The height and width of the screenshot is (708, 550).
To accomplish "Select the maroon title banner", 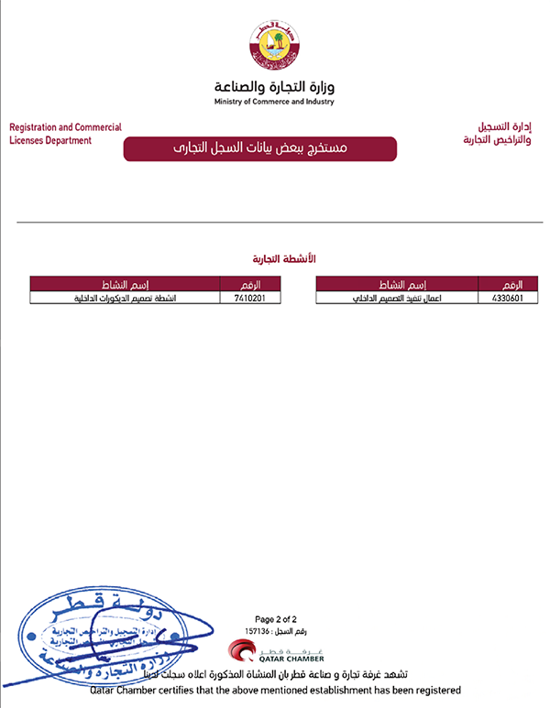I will [259, 148].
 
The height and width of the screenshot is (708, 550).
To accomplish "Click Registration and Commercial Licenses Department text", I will [64, 134].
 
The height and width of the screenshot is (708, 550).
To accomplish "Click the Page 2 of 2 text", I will [274, 619].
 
